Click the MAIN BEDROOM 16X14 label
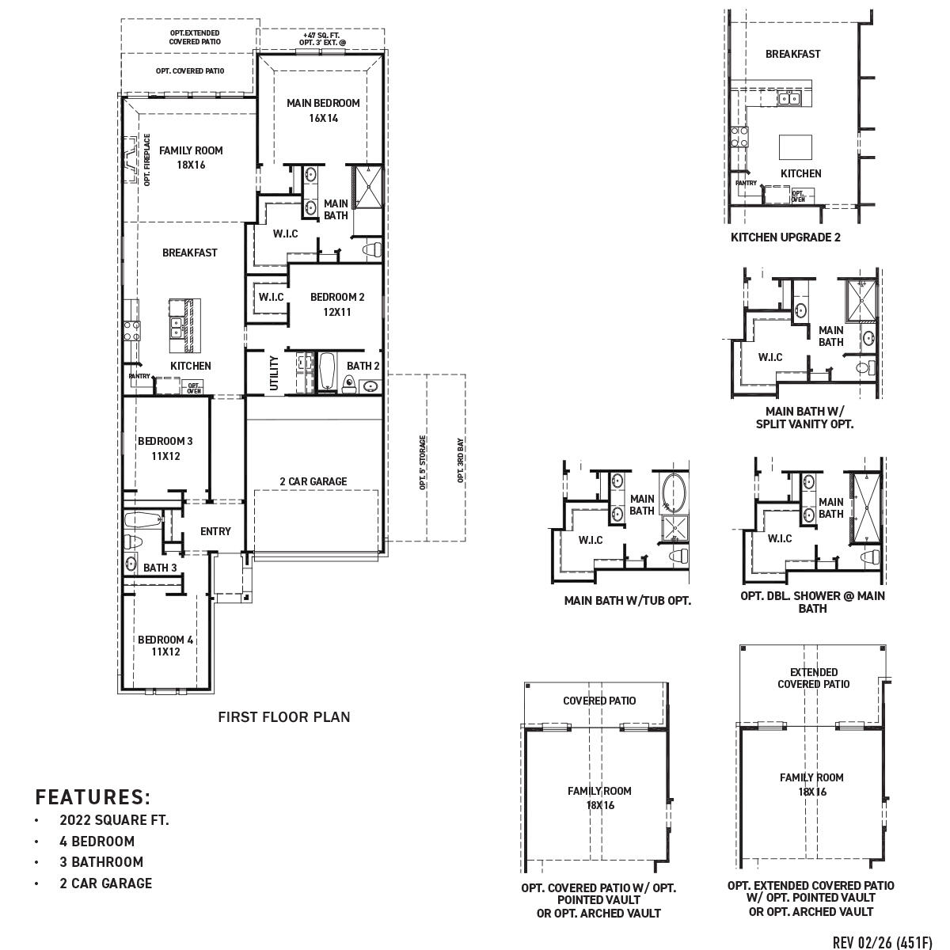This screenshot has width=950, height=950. (x=323, y=110)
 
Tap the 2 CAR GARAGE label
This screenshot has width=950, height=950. (x=313, y=481)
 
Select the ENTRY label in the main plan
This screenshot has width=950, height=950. (x=215, y=531)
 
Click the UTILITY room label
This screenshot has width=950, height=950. (x=274, y=371)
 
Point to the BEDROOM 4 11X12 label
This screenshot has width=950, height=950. (x=165, y=645)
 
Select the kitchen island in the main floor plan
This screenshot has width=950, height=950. (x=184, y=326)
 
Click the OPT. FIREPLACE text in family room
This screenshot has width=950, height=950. (x=147, y=160)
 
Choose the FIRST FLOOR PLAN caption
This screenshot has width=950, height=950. (x=283, y=717)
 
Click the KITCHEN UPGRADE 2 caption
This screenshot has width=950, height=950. (x=785, y=237)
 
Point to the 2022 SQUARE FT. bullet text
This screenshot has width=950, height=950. (x=114, y=820)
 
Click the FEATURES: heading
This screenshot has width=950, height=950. (x=93, y=796)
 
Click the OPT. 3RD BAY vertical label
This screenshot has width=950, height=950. (x=460, y=461)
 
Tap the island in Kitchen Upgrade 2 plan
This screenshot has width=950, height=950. (x=796, y=147)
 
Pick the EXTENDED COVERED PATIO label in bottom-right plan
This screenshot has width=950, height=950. (x=813, y=678)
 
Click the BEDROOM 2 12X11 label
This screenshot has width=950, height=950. (x=337, y=304)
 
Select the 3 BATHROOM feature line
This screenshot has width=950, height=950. (x=101, y=862)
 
